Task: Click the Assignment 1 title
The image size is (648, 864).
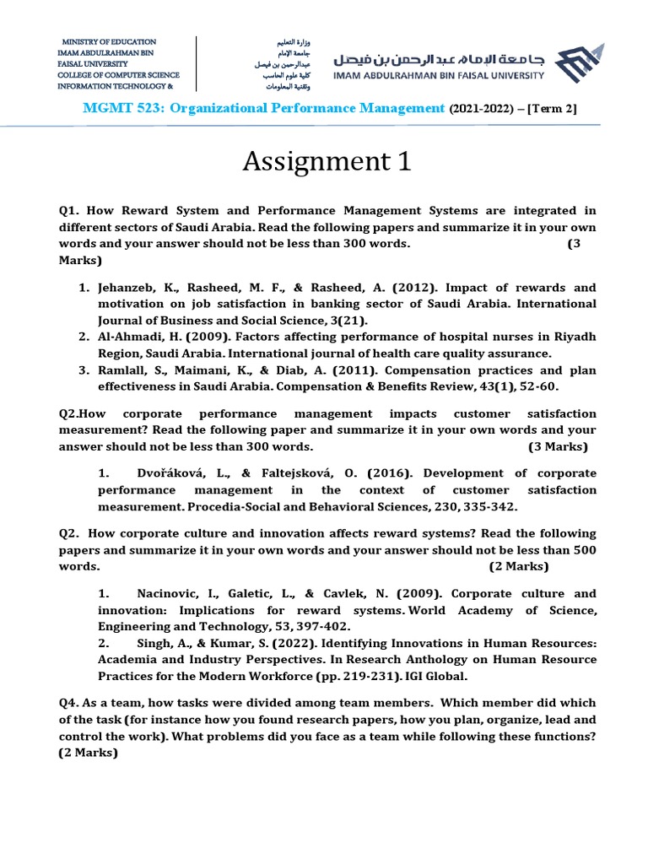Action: (x=327, y=160)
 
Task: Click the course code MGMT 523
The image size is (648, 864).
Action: (x=115, y=107)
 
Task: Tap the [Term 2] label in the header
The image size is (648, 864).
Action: (x=552, y=108)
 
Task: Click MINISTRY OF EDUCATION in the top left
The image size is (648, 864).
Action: (x=109, y=41)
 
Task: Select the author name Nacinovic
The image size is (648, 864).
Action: (x=171, y=593)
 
